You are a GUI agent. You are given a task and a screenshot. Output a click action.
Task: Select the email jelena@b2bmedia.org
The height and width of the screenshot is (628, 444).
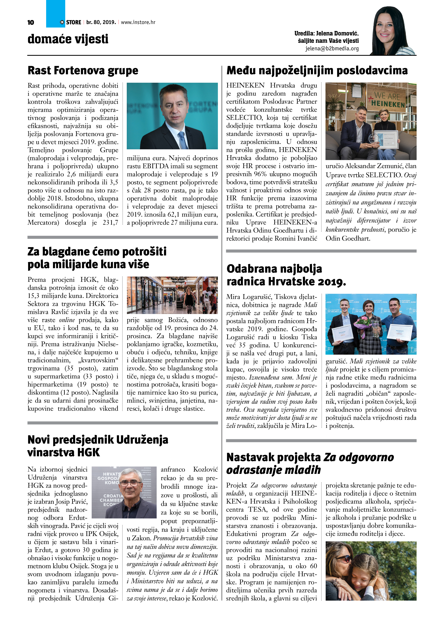tap(332, 48)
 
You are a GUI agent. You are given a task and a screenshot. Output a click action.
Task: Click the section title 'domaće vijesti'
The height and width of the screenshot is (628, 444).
tap(68, 39)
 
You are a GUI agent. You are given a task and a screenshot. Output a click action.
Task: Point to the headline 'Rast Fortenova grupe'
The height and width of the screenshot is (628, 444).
tap(83, 70)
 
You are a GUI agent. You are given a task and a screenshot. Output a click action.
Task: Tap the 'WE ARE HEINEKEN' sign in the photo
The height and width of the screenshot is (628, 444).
tap(387, 100)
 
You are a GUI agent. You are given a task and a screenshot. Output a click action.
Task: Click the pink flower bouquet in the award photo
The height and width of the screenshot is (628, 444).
tap(363, 321)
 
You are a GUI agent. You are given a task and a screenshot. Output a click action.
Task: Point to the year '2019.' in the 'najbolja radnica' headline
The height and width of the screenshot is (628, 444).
tap(332, 281)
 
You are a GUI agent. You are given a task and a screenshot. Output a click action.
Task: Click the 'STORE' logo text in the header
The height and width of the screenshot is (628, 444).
tap(74, 22)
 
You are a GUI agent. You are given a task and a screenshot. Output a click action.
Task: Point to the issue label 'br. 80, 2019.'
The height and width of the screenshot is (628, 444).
tap(101, 22)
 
